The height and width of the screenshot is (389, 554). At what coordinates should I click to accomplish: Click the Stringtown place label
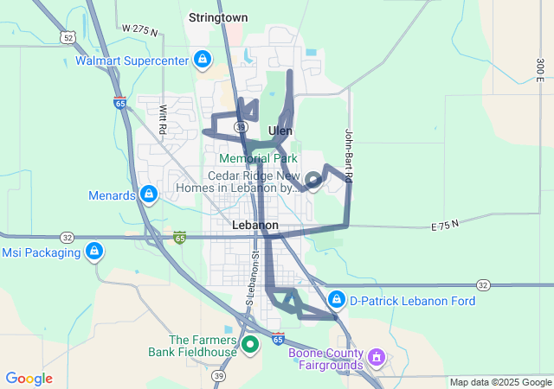coord(218,17)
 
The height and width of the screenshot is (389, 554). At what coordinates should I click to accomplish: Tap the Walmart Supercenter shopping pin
coord(202,60)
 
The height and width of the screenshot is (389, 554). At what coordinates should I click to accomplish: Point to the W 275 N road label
coord(140,30)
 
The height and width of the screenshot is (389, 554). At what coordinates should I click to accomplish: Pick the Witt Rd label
coord(163,118)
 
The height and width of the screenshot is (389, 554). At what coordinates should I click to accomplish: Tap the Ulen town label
coord(280,131)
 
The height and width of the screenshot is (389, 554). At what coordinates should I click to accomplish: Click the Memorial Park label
coord(258,158)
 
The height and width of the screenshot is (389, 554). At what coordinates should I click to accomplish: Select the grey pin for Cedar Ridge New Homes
coord(313,181)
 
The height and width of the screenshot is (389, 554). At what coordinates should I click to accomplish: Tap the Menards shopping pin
coord(149,194)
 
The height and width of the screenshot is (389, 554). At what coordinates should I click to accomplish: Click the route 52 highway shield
coord(67,37)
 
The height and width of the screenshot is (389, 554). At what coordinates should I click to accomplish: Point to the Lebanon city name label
coord(256,225)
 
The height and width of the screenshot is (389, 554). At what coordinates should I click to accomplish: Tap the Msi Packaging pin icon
coord(94,252)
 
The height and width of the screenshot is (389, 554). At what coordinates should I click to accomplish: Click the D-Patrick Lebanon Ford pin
coord(336,300)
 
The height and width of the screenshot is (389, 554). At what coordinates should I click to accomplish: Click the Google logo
coord(29,379)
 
